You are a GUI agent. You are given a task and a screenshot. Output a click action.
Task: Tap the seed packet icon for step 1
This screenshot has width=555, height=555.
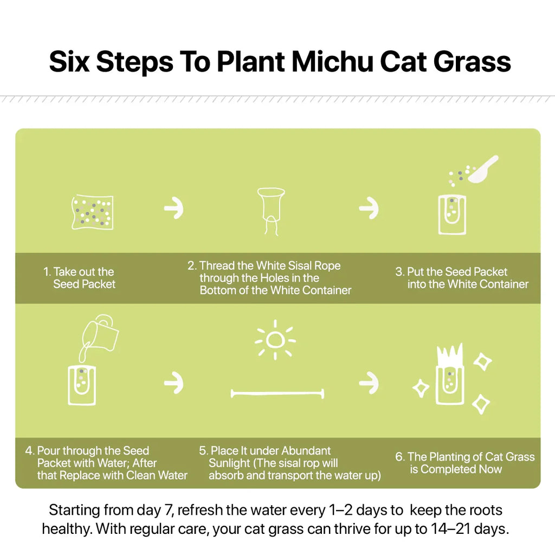(x=92, y=212)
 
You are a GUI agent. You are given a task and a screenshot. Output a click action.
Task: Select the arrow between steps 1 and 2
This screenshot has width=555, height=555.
(x=174, y=208)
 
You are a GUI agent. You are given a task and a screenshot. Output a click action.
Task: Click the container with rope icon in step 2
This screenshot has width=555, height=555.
(x=271, y=211)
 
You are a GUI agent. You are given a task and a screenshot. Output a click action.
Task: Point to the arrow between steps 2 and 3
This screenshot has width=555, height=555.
(x=369, y=208)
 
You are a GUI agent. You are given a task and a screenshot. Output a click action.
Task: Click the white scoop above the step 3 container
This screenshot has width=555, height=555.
(x=483, y=169)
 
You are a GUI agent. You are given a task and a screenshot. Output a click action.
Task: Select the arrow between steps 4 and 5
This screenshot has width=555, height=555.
(x=174, y=383)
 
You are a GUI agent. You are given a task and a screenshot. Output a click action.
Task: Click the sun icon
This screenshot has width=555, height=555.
(x=275, y=340)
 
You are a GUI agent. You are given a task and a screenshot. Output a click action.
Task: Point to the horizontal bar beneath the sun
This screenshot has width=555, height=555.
(x=277, y=393)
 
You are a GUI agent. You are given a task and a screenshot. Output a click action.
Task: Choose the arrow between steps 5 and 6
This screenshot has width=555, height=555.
(x=369, y=383)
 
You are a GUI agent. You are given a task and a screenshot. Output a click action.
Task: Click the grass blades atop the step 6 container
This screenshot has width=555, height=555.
(x=450, y=355)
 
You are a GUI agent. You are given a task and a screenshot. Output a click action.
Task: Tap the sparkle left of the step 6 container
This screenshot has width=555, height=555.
(x=421, y=388)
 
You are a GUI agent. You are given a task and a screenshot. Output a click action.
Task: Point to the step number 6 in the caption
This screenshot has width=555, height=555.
(x=399, y=456)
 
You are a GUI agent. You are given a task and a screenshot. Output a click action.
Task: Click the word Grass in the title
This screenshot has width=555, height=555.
(x=472, y=62)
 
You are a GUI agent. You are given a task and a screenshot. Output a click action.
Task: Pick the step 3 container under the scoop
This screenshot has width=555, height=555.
(x=452, y=214)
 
